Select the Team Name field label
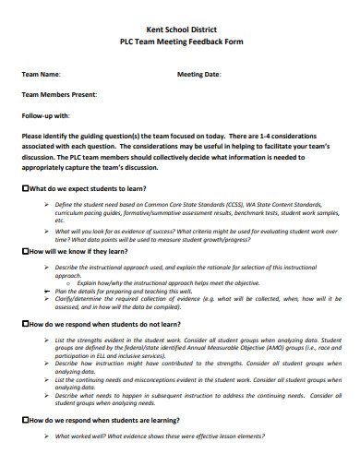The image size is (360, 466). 42,74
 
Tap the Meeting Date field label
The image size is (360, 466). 199,74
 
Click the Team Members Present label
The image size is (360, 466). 60,95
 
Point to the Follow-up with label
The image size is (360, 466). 46,116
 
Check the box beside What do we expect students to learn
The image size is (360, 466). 25,188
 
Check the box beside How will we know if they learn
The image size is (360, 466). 25,251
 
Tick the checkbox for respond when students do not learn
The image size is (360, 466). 25,325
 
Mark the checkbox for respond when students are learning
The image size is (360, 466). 25,420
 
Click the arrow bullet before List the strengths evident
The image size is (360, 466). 46,340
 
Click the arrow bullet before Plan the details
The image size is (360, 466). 46,290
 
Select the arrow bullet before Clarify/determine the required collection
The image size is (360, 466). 46,298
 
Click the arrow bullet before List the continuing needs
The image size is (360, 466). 46,380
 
